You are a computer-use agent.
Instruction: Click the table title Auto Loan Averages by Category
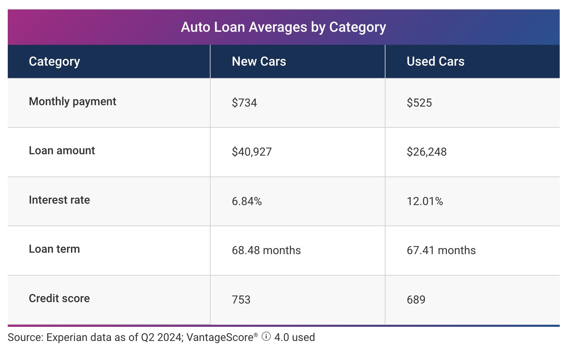point(283,27)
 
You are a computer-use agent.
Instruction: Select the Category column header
point(54,61)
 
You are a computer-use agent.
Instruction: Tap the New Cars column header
point(259,61)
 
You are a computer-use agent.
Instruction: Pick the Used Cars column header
point(435,61)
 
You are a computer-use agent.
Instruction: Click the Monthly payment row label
point(72,102)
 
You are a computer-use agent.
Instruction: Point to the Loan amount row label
point(62,151)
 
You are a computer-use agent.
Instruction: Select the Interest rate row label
point(59,200)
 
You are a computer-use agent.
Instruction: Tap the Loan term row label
point(54,249)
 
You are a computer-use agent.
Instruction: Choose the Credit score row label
point(59,299)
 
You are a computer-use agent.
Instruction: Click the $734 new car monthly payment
point(244,103)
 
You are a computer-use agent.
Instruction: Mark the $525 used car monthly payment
point(419,103)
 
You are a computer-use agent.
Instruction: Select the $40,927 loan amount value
point(251,152)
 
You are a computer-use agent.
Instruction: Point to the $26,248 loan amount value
point(426,152)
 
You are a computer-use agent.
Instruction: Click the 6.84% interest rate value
point(247,201)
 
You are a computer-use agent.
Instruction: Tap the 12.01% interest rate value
point(425,201)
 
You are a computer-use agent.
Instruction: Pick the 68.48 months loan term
point(266,250)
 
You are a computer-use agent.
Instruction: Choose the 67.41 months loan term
point(441,250)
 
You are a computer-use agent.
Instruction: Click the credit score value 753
point(241,300)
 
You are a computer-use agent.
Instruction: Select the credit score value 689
point(416,300)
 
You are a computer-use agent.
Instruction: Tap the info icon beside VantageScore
point(266,337)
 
